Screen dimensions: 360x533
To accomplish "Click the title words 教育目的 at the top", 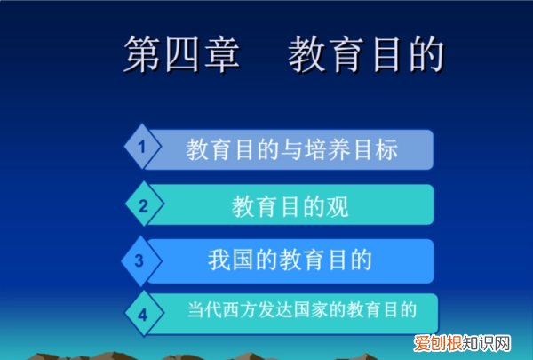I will [364, 56].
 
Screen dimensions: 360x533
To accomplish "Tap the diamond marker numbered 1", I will [141, 149].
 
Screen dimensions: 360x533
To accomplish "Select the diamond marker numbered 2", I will [141, 205].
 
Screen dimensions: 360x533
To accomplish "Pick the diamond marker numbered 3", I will [139, 260].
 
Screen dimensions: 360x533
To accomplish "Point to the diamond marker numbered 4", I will [143, 314].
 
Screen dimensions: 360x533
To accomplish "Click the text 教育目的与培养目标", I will [291, 150].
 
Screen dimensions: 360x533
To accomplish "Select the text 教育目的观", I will [290, 206].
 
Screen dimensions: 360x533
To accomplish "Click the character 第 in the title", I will [143, 56].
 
